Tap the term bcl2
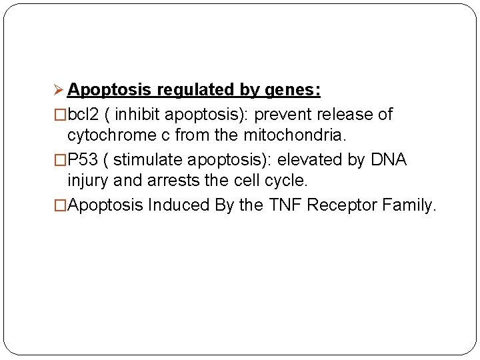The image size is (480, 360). [83, 114]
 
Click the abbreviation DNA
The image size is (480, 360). [388, 159]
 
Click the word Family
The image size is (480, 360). [409, 205]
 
